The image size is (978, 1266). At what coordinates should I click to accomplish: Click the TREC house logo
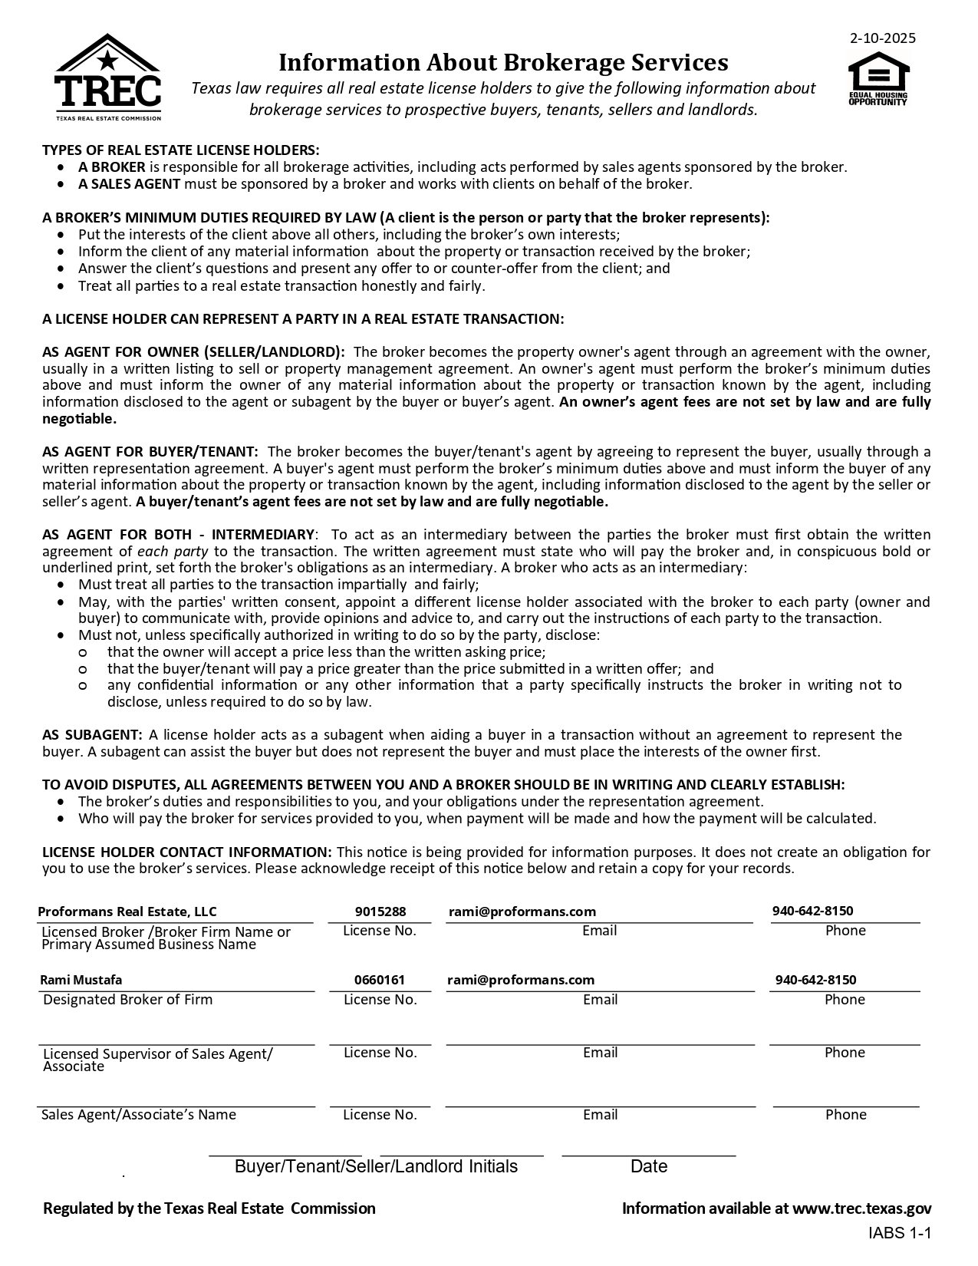107,77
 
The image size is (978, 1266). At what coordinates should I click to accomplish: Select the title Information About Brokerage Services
502,61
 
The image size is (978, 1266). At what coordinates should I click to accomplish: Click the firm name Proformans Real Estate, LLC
127,912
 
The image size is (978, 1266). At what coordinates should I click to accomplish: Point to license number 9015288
380,912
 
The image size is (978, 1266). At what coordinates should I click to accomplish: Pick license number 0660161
380,980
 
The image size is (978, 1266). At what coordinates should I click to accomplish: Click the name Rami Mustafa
81,980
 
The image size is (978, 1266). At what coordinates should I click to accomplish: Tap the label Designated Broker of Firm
127,1000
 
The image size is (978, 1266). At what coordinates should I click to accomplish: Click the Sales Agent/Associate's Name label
138,1115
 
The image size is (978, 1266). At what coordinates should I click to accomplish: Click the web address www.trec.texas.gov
861,1208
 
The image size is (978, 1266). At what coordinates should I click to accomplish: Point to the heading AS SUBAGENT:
92,735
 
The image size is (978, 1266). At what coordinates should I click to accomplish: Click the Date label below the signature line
648,1167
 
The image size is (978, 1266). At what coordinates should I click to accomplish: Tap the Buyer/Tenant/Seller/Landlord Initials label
376,1167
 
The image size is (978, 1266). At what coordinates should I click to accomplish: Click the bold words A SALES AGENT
129,184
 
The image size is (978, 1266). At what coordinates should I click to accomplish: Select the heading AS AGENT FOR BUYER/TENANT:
150,452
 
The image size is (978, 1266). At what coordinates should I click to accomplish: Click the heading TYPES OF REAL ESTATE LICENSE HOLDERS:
180,150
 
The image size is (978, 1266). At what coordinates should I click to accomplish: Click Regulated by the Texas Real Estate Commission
209,1208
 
